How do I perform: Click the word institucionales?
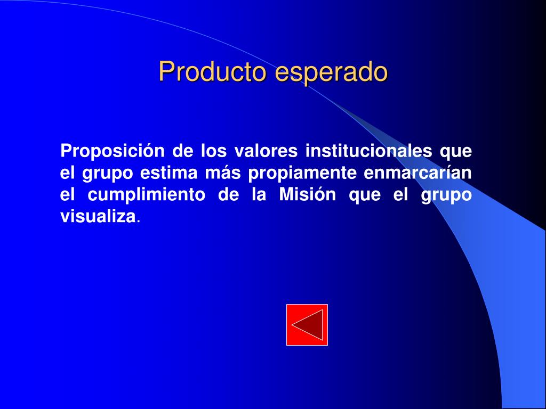pos(369,151)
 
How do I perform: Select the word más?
pos(222,173)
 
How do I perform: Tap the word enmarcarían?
pos(418,173)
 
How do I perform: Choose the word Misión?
pos(308,194)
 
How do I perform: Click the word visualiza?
pos(98,216)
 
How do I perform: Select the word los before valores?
pos(214,151)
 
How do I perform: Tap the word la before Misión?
pos(259,194)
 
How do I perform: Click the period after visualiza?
pos(138,222)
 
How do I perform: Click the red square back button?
pos(307,325)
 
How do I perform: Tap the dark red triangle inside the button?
pos(312,325)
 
